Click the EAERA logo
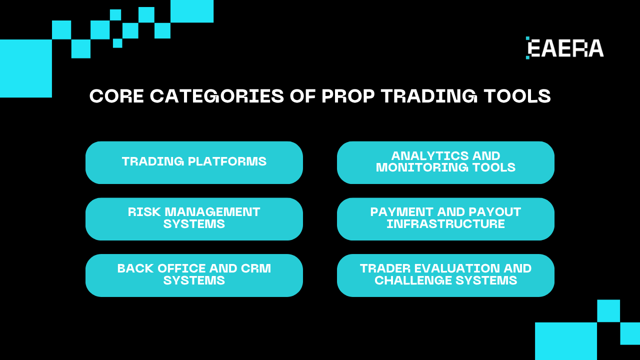click(565, 48)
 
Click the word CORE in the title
click(116, 96)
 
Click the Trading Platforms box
click(194, 162)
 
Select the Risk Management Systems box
click(194, 219)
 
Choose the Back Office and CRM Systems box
click(194, 275)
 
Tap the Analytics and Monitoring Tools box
click(445, 162)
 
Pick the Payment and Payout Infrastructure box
click(445, 219)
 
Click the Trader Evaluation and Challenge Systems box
click(445, 275)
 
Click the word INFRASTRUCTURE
click(445, 224)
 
